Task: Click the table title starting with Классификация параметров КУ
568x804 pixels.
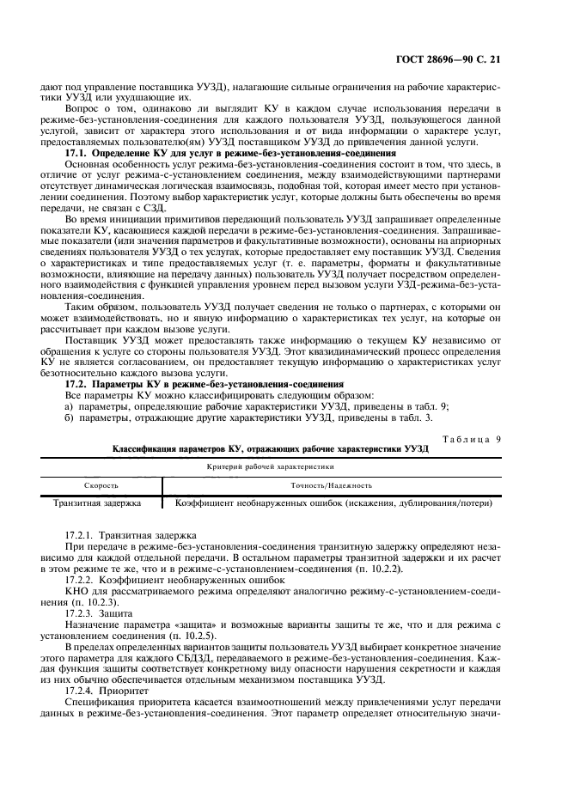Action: (x=271, y=450)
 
